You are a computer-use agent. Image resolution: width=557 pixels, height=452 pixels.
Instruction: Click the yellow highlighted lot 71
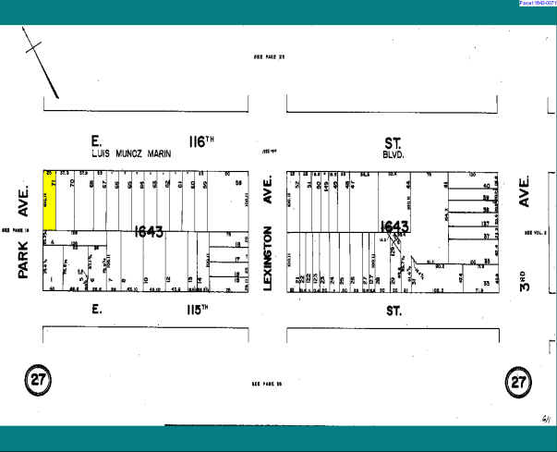pyautogui.click(x=51, y=200)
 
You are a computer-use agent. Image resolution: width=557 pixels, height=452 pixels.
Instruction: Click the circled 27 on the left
pyautogui.click(x=37, y=380)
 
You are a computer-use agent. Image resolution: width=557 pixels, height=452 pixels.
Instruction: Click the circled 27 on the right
pyautogui.click(x=519, y=380)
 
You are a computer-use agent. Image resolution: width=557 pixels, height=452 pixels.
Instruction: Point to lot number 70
pyautogui.click(x=72, y=184)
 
